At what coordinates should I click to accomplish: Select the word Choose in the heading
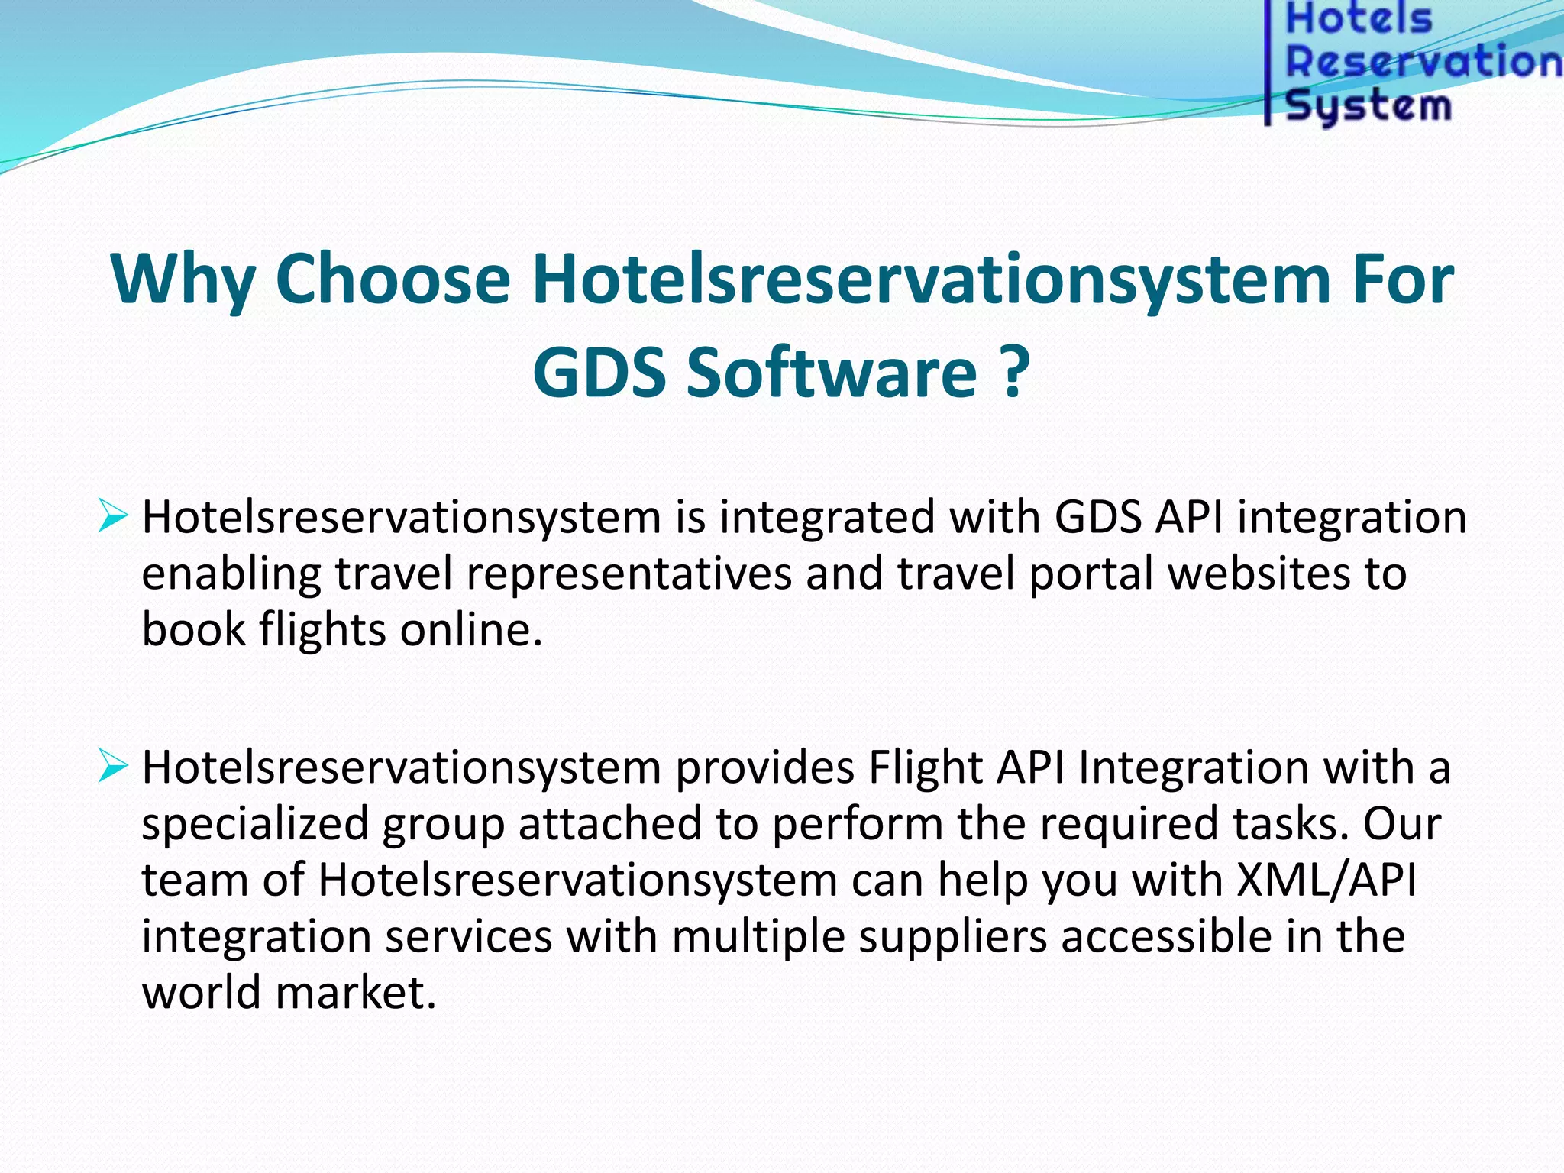click(x=393, y=280)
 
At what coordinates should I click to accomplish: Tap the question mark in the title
click(x=1013, y=373)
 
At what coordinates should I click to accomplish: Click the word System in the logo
click(x=1367, y=105)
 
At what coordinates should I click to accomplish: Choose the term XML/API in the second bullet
click(x=1326, y=881)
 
